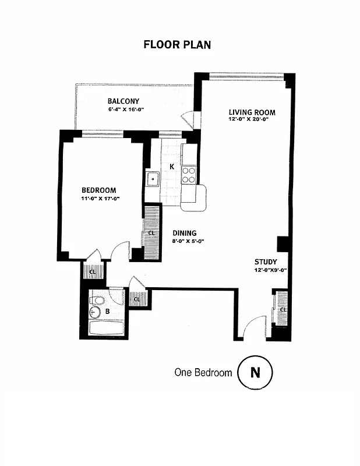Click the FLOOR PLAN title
[177, 45]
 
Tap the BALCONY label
[123, 101]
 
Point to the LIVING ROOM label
[252, 112]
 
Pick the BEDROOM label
[98, 190]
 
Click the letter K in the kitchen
[172, 167]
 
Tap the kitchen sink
[153, 179]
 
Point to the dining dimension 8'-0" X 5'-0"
[188, 241]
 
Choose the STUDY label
[266, 262]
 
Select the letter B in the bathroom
[107, 312]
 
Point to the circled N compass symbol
[255, 372]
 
